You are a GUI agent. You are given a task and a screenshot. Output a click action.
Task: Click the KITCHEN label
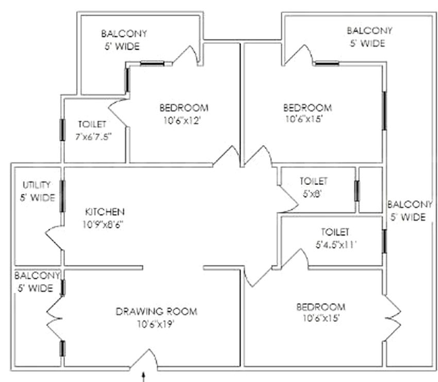point(105,212)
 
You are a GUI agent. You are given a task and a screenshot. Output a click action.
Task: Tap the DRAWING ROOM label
point(157,311)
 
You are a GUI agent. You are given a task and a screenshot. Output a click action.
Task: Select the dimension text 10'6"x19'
point(156,324)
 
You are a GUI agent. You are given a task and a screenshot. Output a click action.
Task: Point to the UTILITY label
point(36,185)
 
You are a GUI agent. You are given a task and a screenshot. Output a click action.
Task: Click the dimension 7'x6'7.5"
point(93,137)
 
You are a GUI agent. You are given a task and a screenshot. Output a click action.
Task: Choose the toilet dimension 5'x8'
point(312,194)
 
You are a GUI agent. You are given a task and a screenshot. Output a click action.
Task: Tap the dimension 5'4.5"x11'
point(336,245)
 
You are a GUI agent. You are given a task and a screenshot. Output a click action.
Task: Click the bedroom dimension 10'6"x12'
point(182,121)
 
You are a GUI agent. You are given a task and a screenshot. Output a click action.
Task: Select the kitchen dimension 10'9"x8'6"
point(103,224)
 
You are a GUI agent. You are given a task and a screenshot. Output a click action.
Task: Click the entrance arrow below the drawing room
point(144,377)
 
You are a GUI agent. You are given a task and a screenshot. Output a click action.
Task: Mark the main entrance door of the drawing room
point(144,360)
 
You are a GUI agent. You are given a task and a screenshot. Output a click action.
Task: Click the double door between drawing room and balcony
point(55,319)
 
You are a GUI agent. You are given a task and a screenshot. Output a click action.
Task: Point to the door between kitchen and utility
point(55,238)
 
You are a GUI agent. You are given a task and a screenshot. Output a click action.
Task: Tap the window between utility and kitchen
point(62,196)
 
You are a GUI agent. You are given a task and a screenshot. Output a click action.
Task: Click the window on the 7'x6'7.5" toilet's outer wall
point(62,130)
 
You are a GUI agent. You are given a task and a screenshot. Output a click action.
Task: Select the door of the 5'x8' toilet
point(288,199)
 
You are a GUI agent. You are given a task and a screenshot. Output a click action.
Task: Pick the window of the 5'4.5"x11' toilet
point(385,241)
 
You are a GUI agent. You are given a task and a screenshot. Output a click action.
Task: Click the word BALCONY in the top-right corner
point(370,30)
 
